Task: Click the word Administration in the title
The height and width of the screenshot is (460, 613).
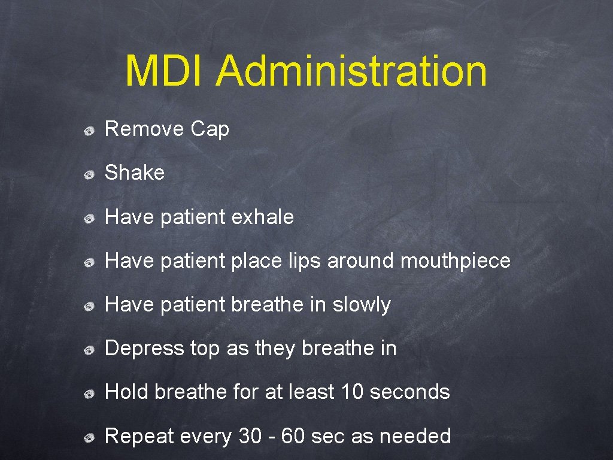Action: point(351,71)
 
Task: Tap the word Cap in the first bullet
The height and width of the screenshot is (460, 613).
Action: point(210,129)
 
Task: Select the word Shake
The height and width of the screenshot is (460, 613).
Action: point(135,172)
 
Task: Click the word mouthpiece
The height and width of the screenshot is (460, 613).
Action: point(455,261)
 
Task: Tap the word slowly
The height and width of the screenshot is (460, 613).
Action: point(362,305)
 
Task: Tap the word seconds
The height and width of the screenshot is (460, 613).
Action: point(410,392)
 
